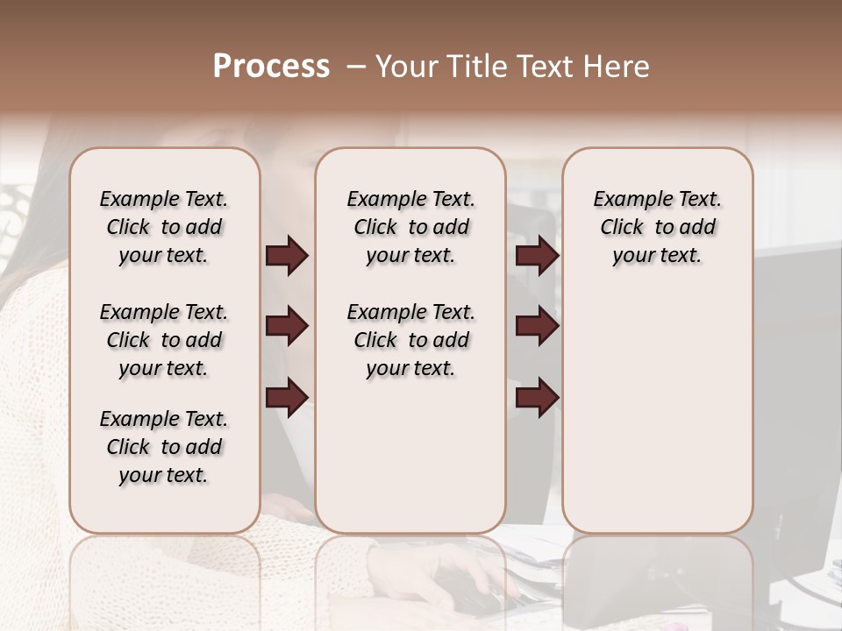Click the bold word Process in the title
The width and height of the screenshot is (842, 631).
tap(271, 67)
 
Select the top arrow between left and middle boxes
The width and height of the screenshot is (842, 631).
tap(287, 256)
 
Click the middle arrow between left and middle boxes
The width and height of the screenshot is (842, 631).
tap(287, 327)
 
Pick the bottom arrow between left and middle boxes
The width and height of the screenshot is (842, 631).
tap(287, 397)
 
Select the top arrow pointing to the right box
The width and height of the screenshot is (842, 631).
tap(537, 256)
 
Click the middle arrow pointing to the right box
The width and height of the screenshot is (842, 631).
tap(537, 327)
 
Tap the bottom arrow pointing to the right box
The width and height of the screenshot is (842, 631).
tap(537, 397)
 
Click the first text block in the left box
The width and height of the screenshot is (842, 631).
tap(164, 227)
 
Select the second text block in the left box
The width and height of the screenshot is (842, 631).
tap(164, 340)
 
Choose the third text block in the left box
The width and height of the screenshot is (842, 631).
tap(164, 447)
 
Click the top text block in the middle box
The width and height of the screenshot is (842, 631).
tap(411, 227)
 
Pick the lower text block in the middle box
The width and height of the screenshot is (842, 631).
tap(411, 340)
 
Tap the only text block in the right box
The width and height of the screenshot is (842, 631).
tap(658, 227)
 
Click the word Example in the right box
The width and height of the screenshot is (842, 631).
tap(626, 200)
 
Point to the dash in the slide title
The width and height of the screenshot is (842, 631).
tap(356, 67)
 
